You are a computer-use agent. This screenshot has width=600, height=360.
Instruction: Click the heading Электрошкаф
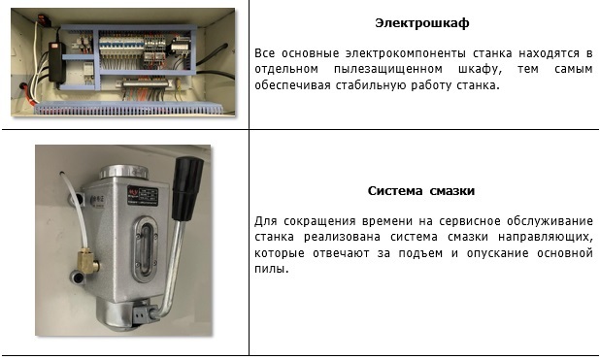(x=421, y=23)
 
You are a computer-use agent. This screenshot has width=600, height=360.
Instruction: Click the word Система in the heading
(x=395, y=190)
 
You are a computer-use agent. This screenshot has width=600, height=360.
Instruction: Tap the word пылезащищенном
(x=388, y=69)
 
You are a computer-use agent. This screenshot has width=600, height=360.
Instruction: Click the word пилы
(x=270, y=269)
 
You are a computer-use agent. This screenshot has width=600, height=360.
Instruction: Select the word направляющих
(x=546, y=238)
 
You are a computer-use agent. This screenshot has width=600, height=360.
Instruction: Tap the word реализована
(x=342, y=237)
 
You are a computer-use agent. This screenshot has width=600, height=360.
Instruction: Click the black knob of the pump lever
(x=186, y=187)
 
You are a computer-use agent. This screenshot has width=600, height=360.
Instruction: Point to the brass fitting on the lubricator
(x=88, y=260)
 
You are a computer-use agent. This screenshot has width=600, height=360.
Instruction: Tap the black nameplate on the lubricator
(x=143, y=196)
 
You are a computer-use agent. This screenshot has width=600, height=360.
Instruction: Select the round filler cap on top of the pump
(x=123, y=172)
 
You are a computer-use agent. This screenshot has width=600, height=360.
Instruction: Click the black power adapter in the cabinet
(x=56, y=61)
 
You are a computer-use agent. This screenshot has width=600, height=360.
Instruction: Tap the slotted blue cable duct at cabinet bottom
(x=128, y=109)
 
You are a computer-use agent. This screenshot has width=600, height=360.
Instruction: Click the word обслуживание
(x=550, y=221)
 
